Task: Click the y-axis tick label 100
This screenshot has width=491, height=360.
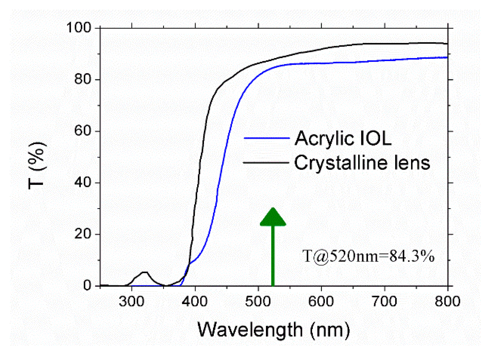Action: point(79,28)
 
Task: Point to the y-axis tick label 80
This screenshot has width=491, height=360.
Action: point(82,79)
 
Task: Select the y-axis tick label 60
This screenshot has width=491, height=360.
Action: point(82,131)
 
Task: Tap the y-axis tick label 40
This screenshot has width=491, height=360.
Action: point(82,182)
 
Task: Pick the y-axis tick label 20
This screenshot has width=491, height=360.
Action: point(82,234)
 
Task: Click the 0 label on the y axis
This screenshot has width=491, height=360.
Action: point(87,286)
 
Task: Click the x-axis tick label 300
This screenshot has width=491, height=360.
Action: point(131,301)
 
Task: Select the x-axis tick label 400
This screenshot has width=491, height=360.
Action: point(195,301)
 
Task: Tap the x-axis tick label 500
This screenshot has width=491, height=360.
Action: point(258,301)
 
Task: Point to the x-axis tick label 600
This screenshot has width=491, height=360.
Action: point(321,301)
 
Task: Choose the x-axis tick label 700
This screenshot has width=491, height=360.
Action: point(384,301)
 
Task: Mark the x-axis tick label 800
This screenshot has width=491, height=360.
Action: point(447,301)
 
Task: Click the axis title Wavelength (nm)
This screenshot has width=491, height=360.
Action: point(273,330)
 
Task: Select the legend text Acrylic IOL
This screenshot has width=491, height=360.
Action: point(343,138)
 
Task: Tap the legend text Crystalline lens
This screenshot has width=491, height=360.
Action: point(362,163)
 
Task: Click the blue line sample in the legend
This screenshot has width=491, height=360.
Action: point(266,138)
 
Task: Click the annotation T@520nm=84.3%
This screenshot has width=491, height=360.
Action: point(368,256)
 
